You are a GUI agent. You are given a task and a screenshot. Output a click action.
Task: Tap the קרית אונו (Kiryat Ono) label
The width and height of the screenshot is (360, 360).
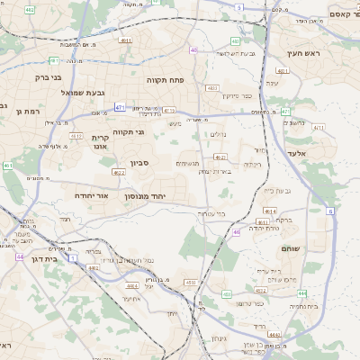[x=100, y=142]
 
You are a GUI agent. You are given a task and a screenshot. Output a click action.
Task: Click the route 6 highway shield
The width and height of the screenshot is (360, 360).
[x=330, y=211]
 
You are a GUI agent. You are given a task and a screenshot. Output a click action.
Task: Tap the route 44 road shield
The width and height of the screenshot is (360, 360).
[x=19, y=256]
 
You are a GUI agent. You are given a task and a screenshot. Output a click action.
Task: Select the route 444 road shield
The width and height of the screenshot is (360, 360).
[x=302, y=293]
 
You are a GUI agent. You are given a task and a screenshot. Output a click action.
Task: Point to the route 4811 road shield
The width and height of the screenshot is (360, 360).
[x=124, y=40]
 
